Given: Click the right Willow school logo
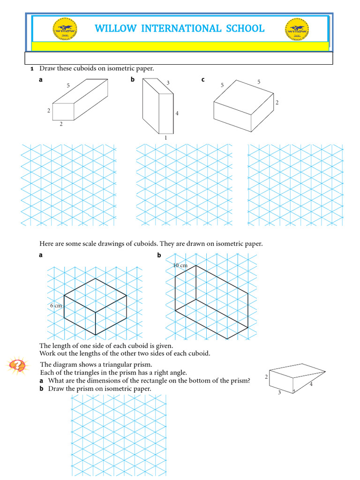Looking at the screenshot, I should coord(297,29).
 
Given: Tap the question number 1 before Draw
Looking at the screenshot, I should coord(32,69).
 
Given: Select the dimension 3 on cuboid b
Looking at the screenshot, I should coord(168,83).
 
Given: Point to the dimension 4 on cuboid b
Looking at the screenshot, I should coord(177,113).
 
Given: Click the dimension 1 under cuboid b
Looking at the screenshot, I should coord(165,138).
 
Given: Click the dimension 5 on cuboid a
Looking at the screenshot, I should coord(68,86).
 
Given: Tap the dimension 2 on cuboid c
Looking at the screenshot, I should coord(277,103).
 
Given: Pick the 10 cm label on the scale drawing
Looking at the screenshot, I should coord(180,265).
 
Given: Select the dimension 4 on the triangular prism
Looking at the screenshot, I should coord(311,384).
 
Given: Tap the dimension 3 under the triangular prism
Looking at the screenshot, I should coord(279,393).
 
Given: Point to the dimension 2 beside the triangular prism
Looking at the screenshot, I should coord(266,377).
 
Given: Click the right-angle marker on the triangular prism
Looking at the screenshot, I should coord(294,390).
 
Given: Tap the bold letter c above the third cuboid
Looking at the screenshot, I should coord(203,80).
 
